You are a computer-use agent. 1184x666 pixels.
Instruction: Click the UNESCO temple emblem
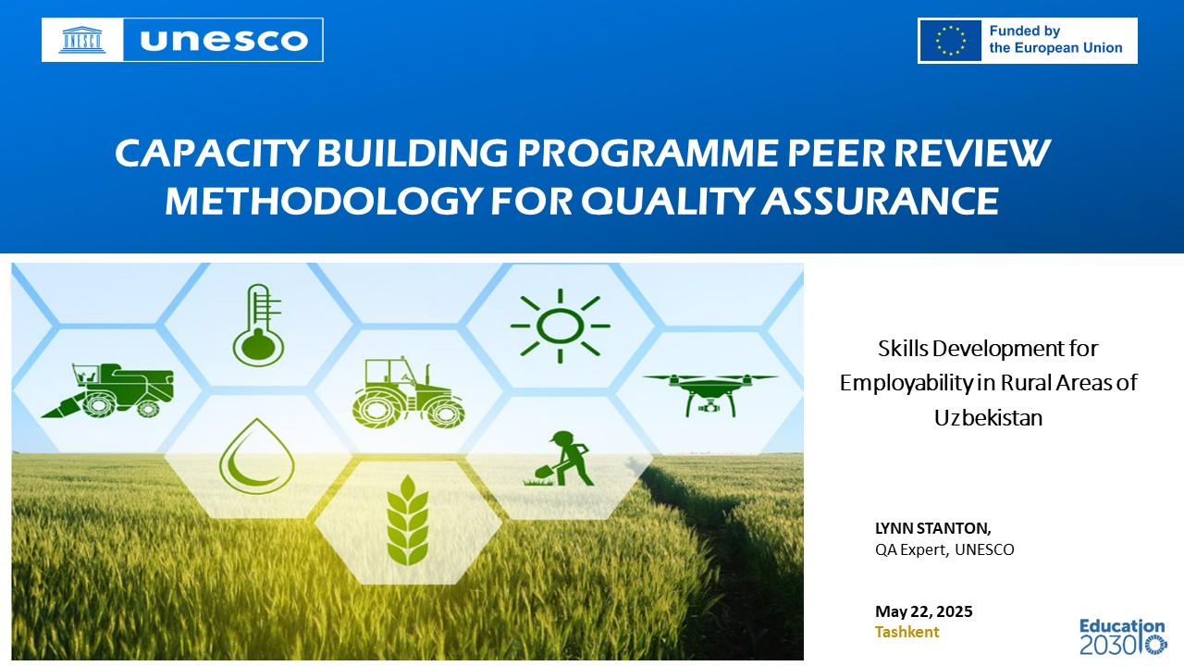(x=82, y=40)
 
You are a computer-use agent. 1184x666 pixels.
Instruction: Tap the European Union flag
(x=950, y=41)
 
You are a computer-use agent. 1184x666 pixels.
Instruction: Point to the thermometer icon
(x=258, y=325)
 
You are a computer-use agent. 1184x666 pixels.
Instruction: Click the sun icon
(x=560, y=327)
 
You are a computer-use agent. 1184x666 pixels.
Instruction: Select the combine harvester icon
(x=107, y=390)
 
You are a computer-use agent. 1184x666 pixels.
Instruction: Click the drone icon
(x=709, y=394)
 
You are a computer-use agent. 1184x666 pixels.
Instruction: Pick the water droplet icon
(x=257, y=456)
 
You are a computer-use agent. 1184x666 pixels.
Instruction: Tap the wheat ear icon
(x=407, y=520)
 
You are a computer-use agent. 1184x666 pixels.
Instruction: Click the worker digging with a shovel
(x=559, y=458)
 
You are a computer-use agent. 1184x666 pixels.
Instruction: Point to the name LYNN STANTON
(x=933, y=528)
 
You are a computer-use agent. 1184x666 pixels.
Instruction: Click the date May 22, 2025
(x=923, y=611)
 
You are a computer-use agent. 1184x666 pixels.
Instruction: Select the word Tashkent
(x=906, y=632)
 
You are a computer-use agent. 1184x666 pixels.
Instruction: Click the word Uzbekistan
(x=988, y=417)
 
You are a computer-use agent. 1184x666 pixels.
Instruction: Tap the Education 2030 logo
(x=1123, y=637)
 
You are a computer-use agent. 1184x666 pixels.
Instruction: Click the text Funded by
(x=1024, y=31)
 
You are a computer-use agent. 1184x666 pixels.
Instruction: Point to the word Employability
(x=906, y=383)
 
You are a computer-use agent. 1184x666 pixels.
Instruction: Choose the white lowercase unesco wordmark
(x=224, y=40)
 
